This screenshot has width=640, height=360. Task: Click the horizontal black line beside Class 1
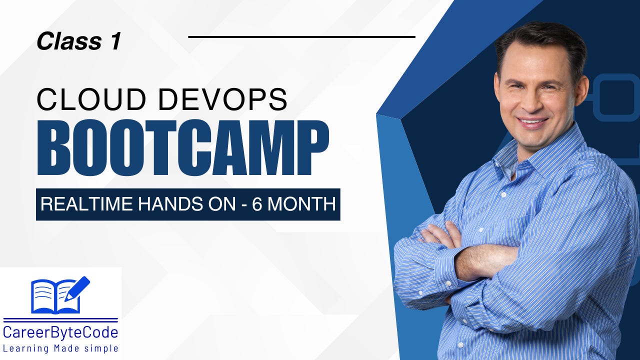(x=301, y=36)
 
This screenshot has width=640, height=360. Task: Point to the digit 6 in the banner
(x=257, y=204)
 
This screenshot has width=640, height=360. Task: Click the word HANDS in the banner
(x=164, y=204)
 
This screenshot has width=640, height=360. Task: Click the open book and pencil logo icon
(x=60, y=295)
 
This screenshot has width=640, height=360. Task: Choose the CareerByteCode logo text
(x=60, y=332)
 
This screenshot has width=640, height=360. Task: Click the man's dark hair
(x=540, y=40)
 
